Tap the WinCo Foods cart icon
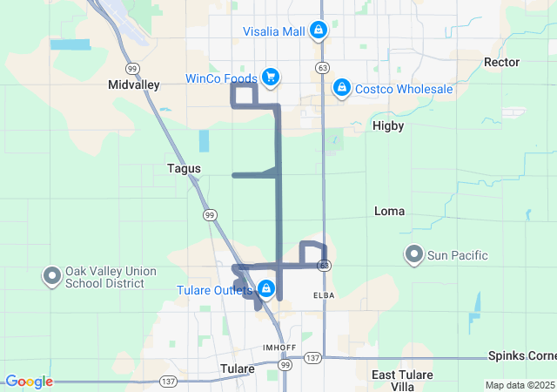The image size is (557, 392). (x=270, y=78)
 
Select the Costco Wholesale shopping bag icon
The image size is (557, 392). (x=342, y=88)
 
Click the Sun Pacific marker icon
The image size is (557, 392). (x=414, y=254)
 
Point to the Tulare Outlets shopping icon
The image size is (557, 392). (x=266, y=289)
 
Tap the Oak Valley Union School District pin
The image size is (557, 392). (x=50, y=276)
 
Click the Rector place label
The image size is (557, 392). (x=501, y=62)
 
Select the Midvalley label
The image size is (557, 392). (x=132, y=84)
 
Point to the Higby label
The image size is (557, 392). (x=388, y=125)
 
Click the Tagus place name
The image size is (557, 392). (x=184, y=168)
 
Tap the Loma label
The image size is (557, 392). (x=389, y=211)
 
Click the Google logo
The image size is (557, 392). (x=29, y=382)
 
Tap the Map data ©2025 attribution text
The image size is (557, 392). (x=519, y=385)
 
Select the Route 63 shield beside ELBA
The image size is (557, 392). (x=323, y=265)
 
